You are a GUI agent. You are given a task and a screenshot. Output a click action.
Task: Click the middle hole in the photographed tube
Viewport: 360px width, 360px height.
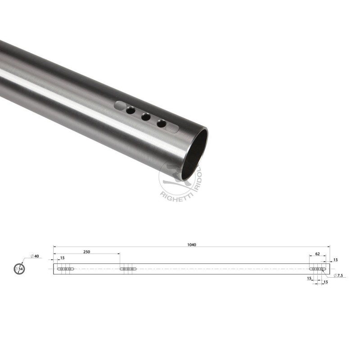pyautogui.click(x=145, y=117)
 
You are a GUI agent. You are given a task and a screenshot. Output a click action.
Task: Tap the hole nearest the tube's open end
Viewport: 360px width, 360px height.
pyautogui.click(x=161, y=123)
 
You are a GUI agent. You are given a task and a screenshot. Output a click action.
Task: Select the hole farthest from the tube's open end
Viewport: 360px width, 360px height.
pyautogui.click(x=130, y=110)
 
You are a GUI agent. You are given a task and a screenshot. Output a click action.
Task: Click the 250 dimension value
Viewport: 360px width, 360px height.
pyautogui.click(x=86, y=252)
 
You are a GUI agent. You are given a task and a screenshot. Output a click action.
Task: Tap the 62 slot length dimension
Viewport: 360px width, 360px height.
pyautogui.click(x=317, y=254)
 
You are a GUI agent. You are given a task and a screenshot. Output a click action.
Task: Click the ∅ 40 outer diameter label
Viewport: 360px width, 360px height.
pyautogui.click(x=35, y=256)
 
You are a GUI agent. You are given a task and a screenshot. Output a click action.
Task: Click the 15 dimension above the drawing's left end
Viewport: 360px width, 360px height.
pyautogui.click(x=62, y=258)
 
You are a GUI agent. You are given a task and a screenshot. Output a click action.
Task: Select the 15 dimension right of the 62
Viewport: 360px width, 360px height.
pyautogui.click(x=335, y=260)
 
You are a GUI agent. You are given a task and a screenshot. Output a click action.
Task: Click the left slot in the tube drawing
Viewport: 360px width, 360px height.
pyautogui.click(x=66, y=269)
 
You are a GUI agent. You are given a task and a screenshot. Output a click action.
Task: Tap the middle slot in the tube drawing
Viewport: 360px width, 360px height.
pyautogui.click(x=129, y=269)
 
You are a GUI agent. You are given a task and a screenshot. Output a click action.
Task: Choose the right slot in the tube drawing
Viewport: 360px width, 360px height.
pyautogui.click(x=318, y=269)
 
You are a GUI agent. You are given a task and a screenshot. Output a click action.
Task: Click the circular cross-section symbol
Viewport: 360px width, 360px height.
pyautogui.click(x=19, y=269)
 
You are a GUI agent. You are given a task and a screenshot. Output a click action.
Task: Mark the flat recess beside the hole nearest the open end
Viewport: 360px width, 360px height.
pyautogui.click(x=173, y=127)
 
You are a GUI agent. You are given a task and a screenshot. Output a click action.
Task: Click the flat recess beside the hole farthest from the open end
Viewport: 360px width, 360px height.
pyautogui.click(x=120, y=106)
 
